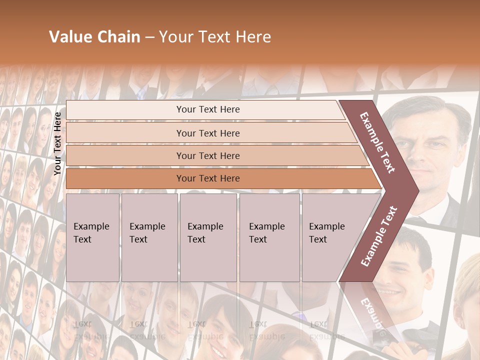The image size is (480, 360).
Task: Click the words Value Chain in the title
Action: pos(94,37)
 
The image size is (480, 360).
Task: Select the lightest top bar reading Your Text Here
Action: pos(207,109)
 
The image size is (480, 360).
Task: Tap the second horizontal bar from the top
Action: pos(207,133)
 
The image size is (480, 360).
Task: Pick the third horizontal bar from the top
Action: pos(207,156)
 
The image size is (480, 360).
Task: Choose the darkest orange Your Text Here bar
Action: pos(207,178)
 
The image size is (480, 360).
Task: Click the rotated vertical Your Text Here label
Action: pos(57,143)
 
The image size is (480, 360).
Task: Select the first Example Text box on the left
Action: pos(92,237)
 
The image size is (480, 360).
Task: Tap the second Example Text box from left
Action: pos(149,237)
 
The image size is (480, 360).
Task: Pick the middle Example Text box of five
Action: pos(208,237)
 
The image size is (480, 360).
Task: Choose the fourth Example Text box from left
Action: pos(269,237)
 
